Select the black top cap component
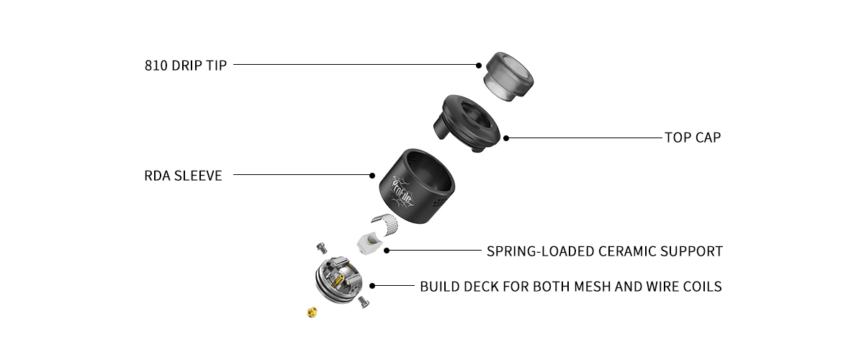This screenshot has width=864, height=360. point(468,122)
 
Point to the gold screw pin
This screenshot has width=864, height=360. point(312,312)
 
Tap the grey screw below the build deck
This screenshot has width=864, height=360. point(364,305)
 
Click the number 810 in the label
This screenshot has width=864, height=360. point(156,66)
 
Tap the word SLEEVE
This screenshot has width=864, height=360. point(199,175)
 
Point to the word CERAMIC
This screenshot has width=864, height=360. point(626,252)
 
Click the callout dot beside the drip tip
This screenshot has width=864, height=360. point(479,65)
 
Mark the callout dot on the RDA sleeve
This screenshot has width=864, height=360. point(372,175)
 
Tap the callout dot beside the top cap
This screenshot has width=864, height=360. point(506,137)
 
